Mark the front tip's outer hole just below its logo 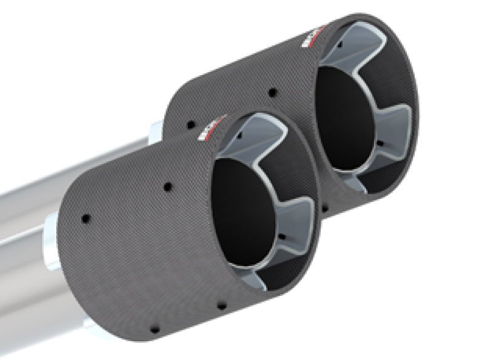pyautogui.click(x=167, y=185)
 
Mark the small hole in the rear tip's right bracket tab pyautogui.click(x=380, y=144)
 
